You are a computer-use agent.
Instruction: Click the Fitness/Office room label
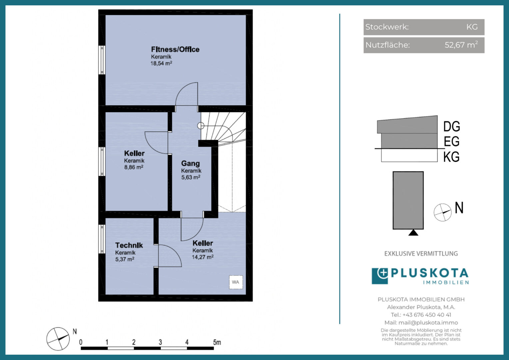tap(175, 49)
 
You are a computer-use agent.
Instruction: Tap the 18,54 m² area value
tap(161, 63)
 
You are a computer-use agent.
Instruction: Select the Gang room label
tap(191, 163)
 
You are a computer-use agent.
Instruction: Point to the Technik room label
tap(129, 245)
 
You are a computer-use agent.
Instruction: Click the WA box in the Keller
tap(236, 282)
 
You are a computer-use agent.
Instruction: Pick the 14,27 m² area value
tap(203, 257)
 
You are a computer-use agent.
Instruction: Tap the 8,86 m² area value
tap(134, 167)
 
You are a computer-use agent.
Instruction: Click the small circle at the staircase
tap(201, 126)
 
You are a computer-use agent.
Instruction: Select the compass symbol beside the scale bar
tap(58, 339)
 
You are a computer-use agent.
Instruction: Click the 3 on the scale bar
tap(160, 342)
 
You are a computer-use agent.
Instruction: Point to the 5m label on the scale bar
tap(217, 342)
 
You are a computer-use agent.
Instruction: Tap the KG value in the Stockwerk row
tap(472, 27)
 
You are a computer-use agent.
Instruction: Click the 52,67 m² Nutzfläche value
tap(461, 45)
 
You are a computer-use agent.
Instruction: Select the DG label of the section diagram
tap(452, 126)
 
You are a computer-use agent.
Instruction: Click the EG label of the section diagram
tap(452, 141)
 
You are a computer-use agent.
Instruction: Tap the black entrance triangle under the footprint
tap(413, 233)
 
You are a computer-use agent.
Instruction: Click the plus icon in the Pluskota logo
tap(383, 273)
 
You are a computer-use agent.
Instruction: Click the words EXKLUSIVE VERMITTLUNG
tap(421, 254)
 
